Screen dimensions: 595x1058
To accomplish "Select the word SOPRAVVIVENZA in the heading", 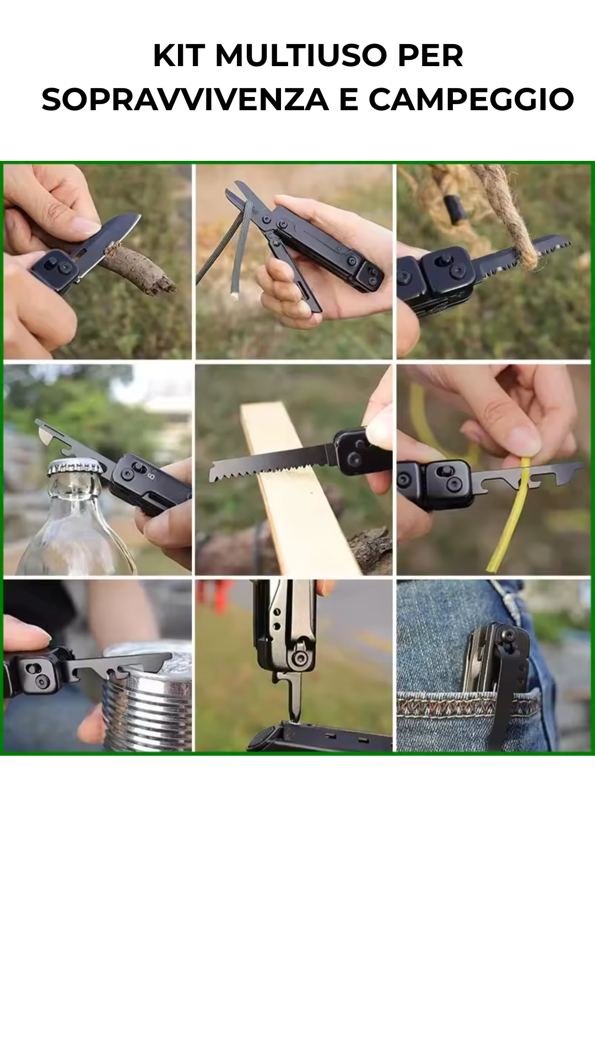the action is [x=185, y=100].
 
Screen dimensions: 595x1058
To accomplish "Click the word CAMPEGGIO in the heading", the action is [x=471, y=100].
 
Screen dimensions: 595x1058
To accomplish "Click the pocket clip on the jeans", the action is [x=510, y=689].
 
